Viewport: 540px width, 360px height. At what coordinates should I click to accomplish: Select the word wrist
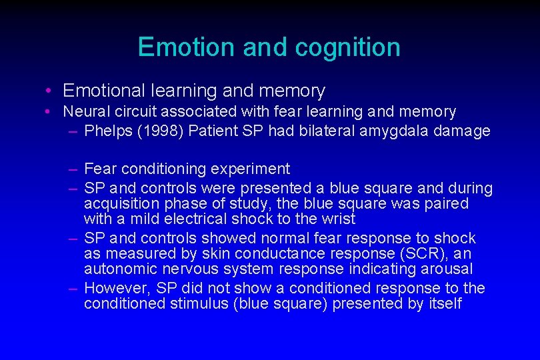point(339,219)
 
